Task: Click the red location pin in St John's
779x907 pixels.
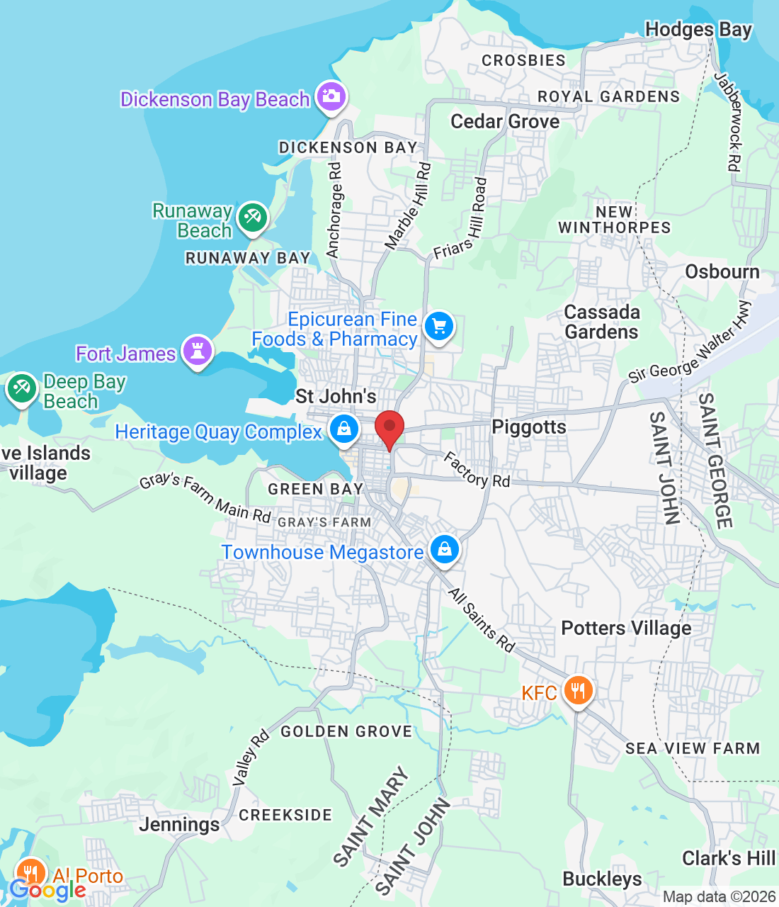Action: (389, 428)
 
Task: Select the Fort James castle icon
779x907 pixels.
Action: (198, 350)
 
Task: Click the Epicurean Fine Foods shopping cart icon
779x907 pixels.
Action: (439, 327)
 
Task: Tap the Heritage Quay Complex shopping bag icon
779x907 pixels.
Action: (344, 429)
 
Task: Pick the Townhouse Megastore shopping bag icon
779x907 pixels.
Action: (444, 549)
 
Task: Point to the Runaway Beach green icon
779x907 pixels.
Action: (252, 217)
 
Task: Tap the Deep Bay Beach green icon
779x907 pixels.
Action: (21, 388)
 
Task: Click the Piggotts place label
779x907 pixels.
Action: (529, 427)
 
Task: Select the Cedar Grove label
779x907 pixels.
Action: (505, 122)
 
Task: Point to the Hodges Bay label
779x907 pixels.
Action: (698, 30)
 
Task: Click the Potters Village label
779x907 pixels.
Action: (626, 629)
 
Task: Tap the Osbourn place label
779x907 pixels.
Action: (722, 272)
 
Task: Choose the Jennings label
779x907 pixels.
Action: (179, 824)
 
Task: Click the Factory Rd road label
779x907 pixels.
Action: (477, 471)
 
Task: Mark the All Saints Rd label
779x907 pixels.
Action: (482, 619)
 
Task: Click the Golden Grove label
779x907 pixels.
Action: (346, 731)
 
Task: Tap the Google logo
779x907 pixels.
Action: (47, 889)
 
